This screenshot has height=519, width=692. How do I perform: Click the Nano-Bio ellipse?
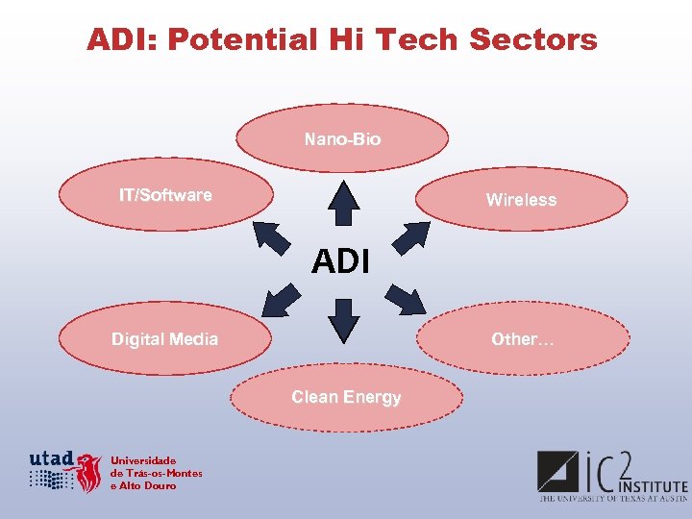pyautogui.click(x=342, y=139)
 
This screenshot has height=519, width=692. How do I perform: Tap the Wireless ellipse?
pyautogui.click(x=521, y=200)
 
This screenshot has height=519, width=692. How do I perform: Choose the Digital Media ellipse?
pyautogui.click(x=164, y=339)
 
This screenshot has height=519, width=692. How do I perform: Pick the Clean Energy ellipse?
pyautogui.click(x=346, y=397)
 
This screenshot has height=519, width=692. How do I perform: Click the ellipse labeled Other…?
pyautogui.click(x=523, y=339)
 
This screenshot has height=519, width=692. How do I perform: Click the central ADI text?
pyautogui.click(x=341, y=260)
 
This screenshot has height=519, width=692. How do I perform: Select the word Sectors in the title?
pyautogui.click(x=532, y=40)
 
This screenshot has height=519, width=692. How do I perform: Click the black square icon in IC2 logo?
pyautogui.click(x=556, y=471)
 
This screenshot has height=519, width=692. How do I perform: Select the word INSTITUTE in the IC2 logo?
pyautogui.click(x=653, y=486)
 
